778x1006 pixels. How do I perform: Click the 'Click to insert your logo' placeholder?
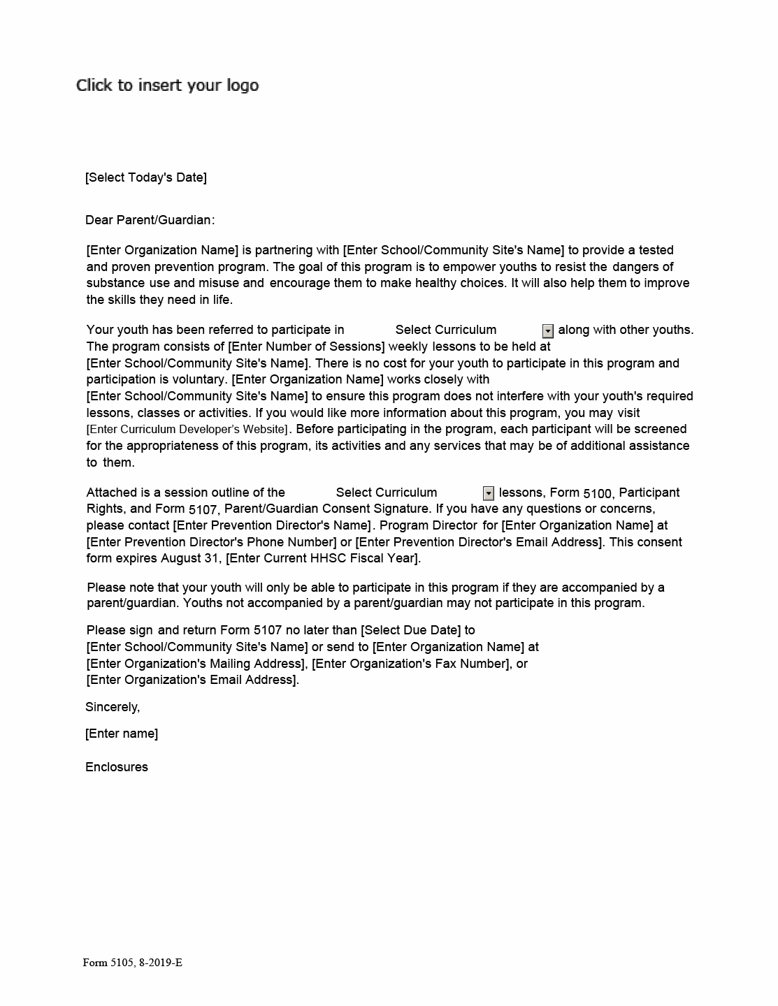click(167, 85)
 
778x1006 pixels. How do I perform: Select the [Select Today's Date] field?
click(146, 177)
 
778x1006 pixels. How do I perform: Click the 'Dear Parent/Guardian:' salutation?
click(150, 220)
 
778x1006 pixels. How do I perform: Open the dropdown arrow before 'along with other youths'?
click(548, 331)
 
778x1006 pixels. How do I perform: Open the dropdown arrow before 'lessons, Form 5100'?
click(489, 494)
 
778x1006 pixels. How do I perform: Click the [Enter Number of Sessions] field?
click(307, 347)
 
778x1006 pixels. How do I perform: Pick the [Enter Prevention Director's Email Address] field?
click(479, 542)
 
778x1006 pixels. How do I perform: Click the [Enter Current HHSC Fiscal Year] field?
click(323, 558)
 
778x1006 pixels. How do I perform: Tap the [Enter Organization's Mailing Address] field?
click(196, 664)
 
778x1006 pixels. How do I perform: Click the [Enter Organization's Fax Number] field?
click(410, 664)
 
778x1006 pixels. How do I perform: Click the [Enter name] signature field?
click(122, 734)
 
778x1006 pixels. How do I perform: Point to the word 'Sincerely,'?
click(113, 707)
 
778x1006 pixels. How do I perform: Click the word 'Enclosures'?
click(117, 767)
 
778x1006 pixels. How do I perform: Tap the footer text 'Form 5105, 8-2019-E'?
click(133, 963)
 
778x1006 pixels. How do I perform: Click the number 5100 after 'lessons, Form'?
click(598, 494)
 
